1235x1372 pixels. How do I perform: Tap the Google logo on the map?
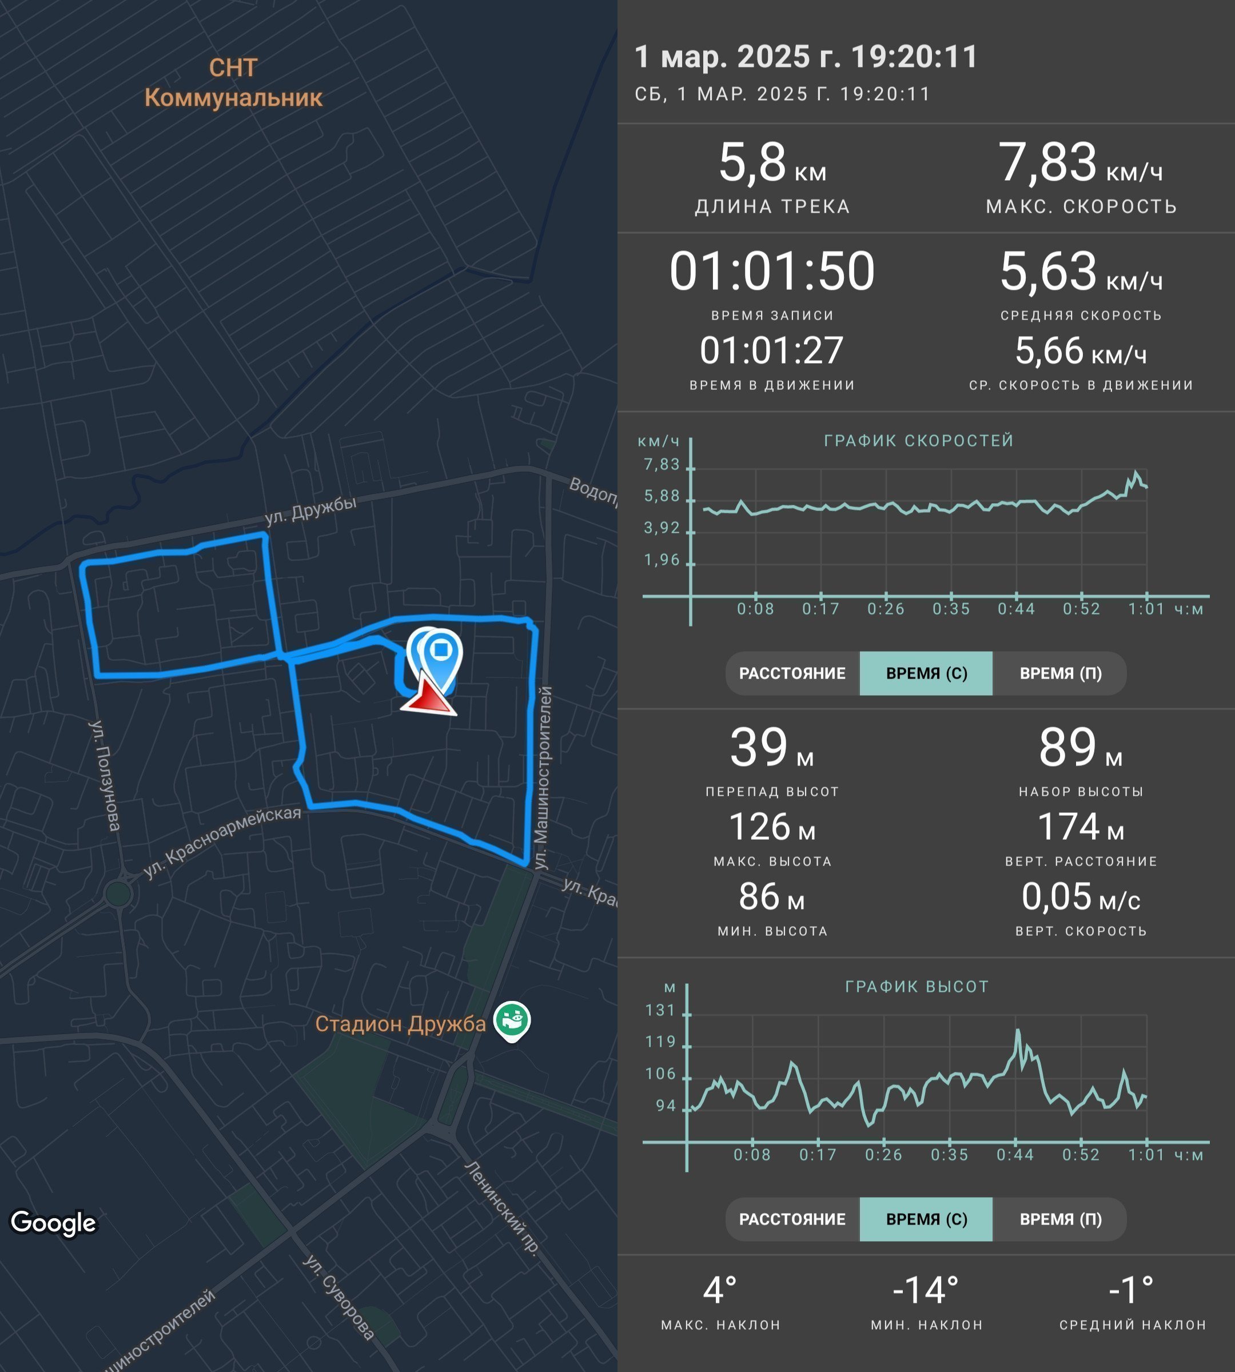pos(54,1223)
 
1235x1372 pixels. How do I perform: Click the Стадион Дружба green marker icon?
pos(512,1020)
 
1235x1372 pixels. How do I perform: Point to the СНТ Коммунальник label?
pos(233,83)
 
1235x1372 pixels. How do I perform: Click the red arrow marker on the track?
pos(429,693)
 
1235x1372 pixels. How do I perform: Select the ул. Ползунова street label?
pos(105,775)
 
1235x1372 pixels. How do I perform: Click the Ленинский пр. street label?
pos(502,1209)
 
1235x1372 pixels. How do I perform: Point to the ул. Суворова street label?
pos(338,1297)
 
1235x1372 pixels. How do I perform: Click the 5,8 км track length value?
pos(772,163)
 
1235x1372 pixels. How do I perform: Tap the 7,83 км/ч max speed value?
pos(1080,163)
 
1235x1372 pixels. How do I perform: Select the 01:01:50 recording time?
pos(772,272)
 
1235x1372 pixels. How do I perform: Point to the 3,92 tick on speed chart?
pos(662,528)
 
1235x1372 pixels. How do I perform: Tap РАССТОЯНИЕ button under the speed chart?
pos(792,673)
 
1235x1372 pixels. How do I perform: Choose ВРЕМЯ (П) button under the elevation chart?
pos(1060,1219)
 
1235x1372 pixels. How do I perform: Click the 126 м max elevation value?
pos(772,827)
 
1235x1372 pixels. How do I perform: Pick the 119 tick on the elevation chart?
pos(660,1042)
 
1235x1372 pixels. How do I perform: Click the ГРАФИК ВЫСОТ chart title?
pos(917,987)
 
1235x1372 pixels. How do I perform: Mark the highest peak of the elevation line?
pos(1018,1030)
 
